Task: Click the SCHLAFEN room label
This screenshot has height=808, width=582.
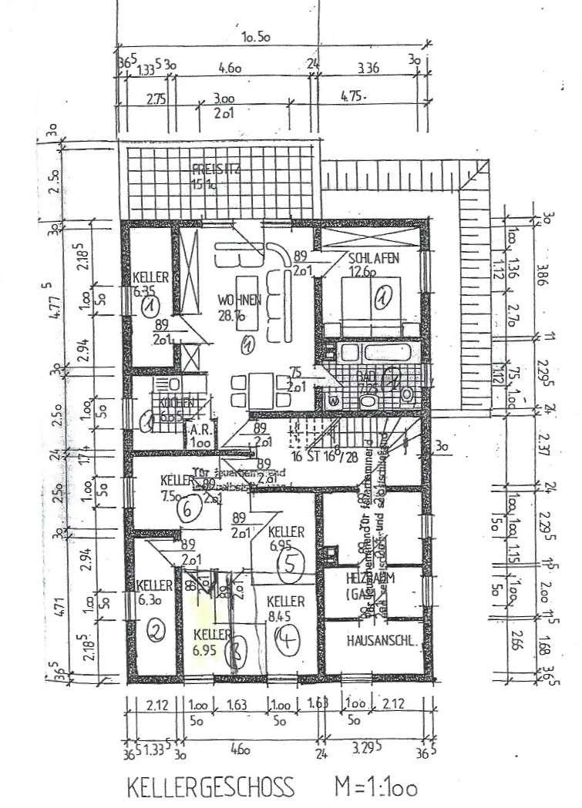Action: tap(373, 260)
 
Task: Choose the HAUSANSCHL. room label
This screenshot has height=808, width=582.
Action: tap(382, 639)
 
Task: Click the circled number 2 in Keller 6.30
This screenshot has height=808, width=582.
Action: tap(156, 632)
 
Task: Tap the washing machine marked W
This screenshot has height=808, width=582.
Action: tap(333, 401)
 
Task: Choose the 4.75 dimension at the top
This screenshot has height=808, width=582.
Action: tap(351, 97)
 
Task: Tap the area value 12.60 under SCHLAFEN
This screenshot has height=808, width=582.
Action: tap(373, 271)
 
